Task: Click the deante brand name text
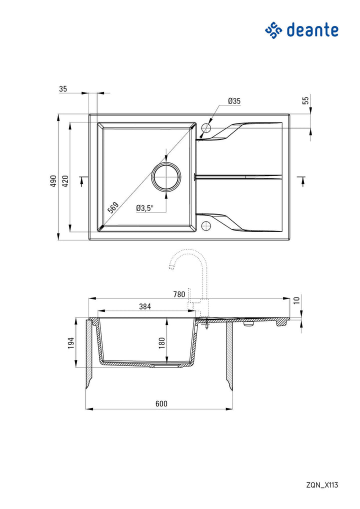[312, 30]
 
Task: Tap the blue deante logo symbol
[273, 30]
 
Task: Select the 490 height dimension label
[53, 181]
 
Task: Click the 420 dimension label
[65, 181]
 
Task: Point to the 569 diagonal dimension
[113, 207]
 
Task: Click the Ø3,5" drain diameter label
[145, 208]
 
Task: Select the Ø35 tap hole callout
[234, 101]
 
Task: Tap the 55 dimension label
[305, 100]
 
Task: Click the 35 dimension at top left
[63, 89]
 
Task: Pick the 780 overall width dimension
[179, 294]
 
